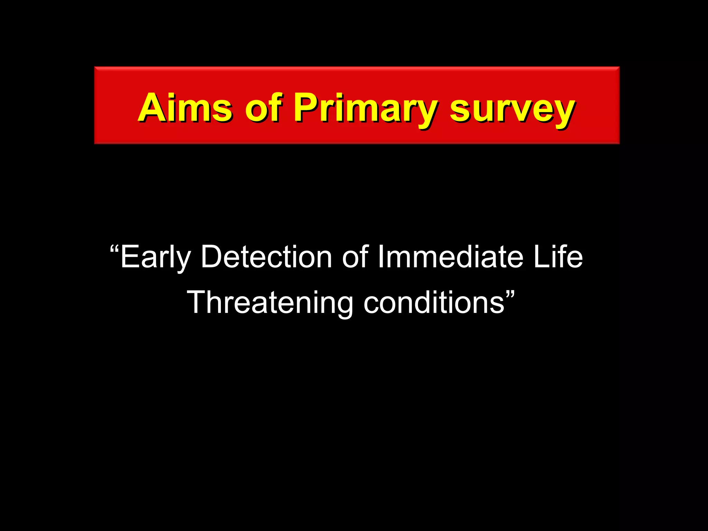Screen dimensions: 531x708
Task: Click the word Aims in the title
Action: coord(185,108)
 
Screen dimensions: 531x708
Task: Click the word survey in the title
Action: coord(512,110)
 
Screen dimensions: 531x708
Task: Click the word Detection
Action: coord(266,257)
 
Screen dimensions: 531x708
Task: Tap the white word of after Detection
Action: coord(355,257)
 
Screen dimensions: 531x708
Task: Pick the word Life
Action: coord(558,257)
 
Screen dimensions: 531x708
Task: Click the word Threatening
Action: coord(270,302)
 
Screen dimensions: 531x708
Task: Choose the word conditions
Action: coord(434,302)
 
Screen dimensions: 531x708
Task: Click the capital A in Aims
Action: coord(152,108)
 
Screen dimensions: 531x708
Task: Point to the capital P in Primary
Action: coord(306,108)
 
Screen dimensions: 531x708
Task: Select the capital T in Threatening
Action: coord(198,302)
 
